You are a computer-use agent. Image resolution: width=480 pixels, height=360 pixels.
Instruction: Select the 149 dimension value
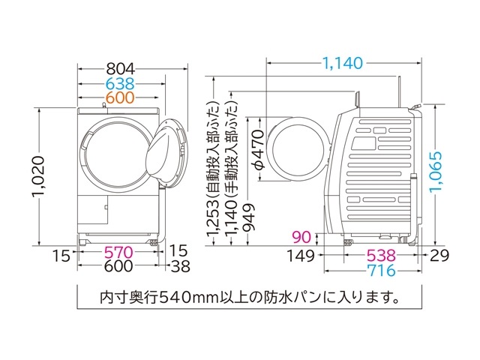303,255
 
